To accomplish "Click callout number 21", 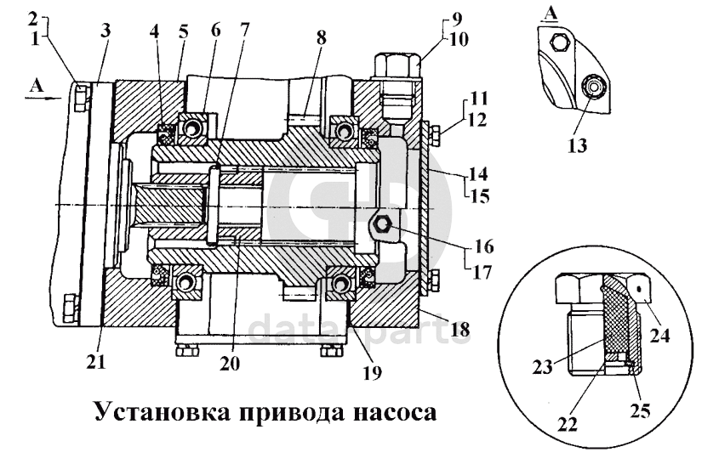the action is coord(96,361).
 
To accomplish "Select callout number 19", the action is coord(372,373).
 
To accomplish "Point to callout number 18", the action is coord(460,329).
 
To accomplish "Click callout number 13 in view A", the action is coord(577,145).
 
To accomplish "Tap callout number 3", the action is coord(106,31).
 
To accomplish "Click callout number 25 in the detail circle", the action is coord(640,411).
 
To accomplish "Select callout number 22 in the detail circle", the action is coord(568,425).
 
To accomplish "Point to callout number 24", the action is coord(659,336).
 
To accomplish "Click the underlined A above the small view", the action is coord(551,14).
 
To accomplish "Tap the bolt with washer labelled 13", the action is coord(591,87).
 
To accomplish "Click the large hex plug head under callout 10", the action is coord(397,65).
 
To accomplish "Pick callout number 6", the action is coord(215,31).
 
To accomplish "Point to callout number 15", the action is coord(480,196).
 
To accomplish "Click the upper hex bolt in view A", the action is coord(558,42).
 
